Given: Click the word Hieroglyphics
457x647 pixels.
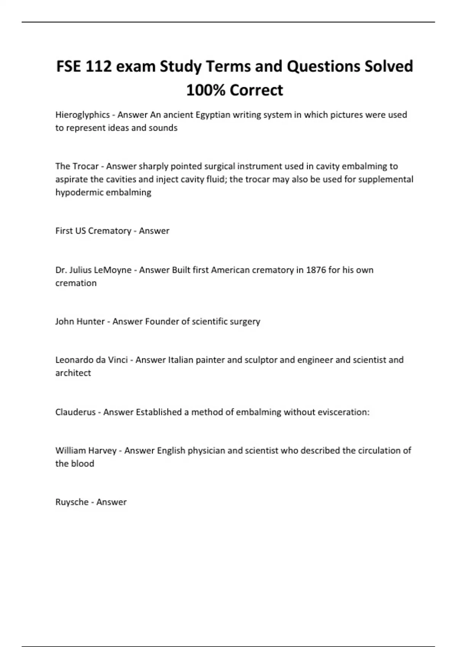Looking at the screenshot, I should pyautogui.click(x=82, y=115).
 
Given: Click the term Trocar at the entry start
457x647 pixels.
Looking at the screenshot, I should pyautogui.click(x=86, y=166).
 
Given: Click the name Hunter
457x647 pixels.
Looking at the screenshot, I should pyautogui.click(x=90, y=322).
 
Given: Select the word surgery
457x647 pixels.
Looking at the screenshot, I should pyautogui.click(x=245, y=322).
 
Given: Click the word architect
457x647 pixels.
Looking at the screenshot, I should pyautogui.click(x=73, y=373).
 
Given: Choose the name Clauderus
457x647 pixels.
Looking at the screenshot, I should pyautogui.click(x=75, y=412).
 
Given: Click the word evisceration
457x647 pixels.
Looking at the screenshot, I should pyautogui.click(x=345, y=412).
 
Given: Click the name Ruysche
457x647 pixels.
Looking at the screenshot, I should pyautogui.click(x=72, y=502).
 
